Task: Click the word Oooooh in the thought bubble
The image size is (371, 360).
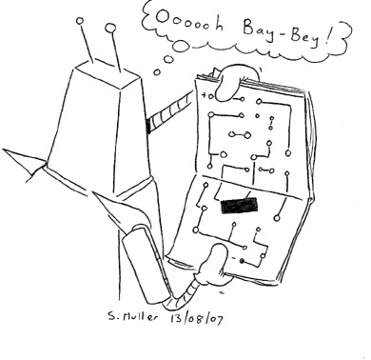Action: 189,24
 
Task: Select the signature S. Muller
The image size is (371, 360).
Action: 132,316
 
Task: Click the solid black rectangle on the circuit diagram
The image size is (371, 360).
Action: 239,205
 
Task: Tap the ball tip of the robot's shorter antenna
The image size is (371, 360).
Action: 80,21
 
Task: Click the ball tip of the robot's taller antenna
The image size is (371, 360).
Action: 110,29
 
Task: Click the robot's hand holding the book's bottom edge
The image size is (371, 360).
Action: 213,265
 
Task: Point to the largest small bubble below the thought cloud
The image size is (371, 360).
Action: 182,46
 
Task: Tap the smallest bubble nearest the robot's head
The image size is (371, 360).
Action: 157,72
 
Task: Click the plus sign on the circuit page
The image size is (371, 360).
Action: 204,95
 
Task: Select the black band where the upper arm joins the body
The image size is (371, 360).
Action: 148,127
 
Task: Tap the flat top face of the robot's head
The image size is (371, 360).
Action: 107,73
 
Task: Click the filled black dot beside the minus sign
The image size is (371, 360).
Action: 242,261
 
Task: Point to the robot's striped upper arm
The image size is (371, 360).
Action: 169,113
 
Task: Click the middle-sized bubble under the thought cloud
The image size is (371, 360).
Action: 168,59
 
